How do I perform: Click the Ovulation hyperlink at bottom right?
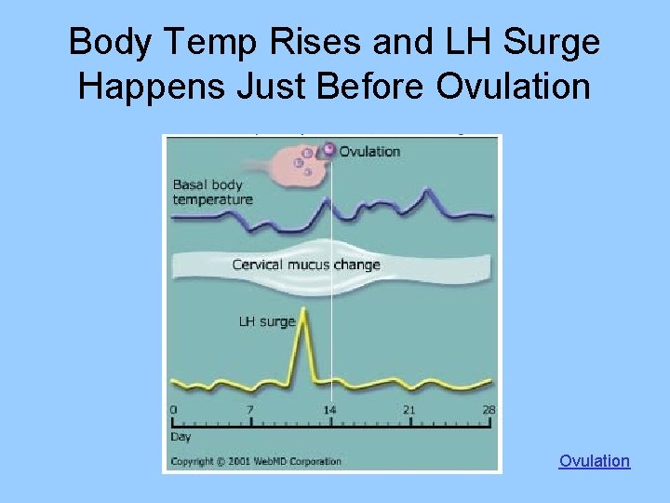594,461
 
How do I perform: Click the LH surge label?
266,321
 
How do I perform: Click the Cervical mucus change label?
306,265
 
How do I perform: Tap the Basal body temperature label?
212,192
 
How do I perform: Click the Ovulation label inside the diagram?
369,151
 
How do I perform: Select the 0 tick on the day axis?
173,410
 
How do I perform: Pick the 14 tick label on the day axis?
330,410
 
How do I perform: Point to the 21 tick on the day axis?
409,410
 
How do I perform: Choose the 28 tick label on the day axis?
489,410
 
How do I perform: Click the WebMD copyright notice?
256,461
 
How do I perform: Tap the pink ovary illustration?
300,168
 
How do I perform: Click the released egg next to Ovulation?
328,149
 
